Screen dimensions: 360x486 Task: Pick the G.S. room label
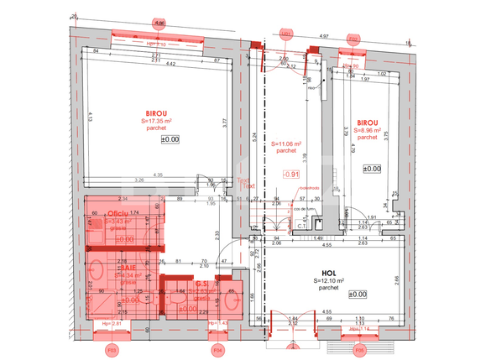tap(202, 284)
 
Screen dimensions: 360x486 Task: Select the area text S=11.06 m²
tap(287, 144)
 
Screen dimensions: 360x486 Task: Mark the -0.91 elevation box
tap(291, 174)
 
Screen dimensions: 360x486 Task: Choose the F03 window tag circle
tap(110, 348)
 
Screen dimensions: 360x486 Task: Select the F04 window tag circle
tap(217, 348)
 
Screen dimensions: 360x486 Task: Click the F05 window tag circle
tap(359, 348)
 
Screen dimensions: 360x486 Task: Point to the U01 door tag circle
tap(285, 34)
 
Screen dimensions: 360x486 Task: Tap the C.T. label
tap(300, 224)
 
